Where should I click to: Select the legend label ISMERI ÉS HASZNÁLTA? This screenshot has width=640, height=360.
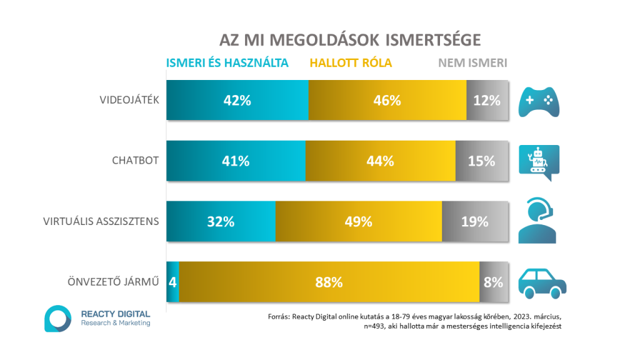(x=227, y=62)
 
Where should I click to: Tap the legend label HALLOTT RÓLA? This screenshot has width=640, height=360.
(x=351, y=62)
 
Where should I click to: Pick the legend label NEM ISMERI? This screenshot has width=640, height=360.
(x=472, y=62)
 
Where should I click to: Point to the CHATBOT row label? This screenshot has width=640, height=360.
(x=136, y=161)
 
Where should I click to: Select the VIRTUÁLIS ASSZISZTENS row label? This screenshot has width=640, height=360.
(x=101, y=221)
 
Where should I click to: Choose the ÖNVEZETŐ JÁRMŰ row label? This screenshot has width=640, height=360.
(x=113, y=282)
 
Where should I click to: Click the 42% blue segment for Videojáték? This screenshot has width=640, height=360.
(x=237, y=100)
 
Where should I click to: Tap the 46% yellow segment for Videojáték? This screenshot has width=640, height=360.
(x=387, y=100)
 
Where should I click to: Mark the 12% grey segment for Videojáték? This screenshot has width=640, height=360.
(x=487, y=100)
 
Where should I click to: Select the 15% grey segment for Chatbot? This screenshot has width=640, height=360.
(x=482, y=161)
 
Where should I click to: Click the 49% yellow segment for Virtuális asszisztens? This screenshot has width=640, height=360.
(x=359, y=221)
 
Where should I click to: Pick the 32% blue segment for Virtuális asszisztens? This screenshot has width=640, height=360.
(x=221, y=221)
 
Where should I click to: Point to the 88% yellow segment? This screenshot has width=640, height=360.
(x=329, y=282)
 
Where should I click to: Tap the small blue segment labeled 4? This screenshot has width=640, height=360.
(x=172, y=282)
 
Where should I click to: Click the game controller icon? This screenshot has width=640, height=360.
(x=540, y=100)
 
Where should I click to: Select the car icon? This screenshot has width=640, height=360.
(x=542, y=282)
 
